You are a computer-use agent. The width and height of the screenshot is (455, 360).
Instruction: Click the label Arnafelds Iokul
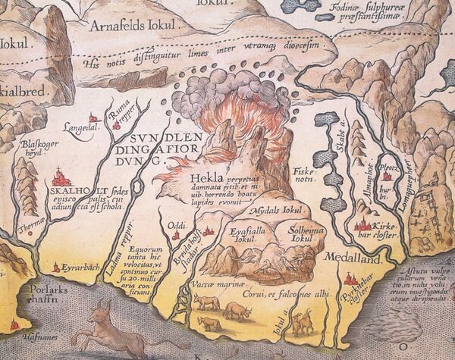(136, 25)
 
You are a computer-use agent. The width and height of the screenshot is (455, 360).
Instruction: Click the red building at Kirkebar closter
(362, 224)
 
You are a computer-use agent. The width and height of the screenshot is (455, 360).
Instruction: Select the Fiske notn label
(303, 175)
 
